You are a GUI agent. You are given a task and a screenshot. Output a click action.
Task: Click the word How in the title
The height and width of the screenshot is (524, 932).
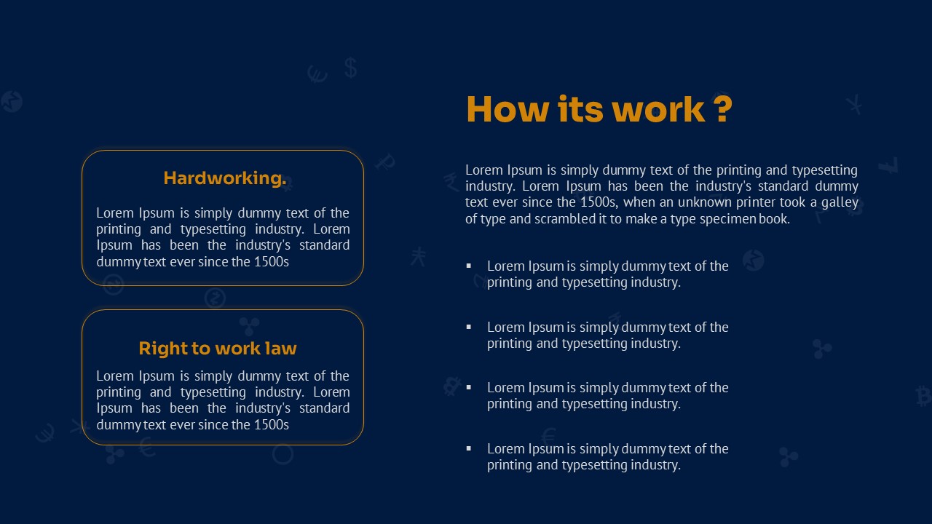click(x=508, y=109)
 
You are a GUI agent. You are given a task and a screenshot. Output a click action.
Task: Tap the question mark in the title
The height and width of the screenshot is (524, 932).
click(x=724, y=109)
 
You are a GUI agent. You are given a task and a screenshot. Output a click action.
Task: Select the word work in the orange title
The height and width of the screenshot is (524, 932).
click(x=658, y=109)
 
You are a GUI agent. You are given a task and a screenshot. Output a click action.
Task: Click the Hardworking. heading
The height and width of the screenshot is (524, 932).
click(x=225, y=178)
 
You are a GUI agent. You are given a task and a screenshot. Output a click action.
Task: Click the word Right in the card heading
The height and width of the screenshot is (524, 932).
click(x=162, y=349)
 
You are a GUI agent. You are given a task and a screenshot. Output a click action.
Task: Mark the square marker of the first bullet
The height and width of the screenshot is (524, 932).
click(x=469, y=266)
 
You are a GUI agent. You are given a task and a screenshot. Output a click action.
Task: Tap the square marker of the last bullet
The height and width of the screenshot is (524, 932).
click(x=469, y=448)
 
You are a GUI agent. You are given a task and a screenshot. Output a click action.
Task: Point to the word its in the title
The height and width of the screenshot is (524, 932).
click(x=580, y=109)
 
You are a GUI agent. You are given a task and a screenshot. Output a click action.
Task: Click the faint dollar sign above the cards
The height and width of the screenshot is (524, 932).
click(x=351, y=68)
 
